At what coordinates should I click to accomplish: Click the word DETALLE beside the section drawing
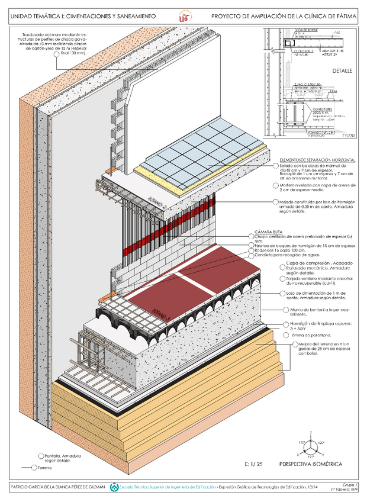(x=342, y=70)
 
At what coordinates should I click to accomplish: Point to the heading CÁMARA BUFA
(x=268, y=231)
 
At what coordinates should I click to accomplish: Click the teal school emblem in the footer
(x=114, y=487)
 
